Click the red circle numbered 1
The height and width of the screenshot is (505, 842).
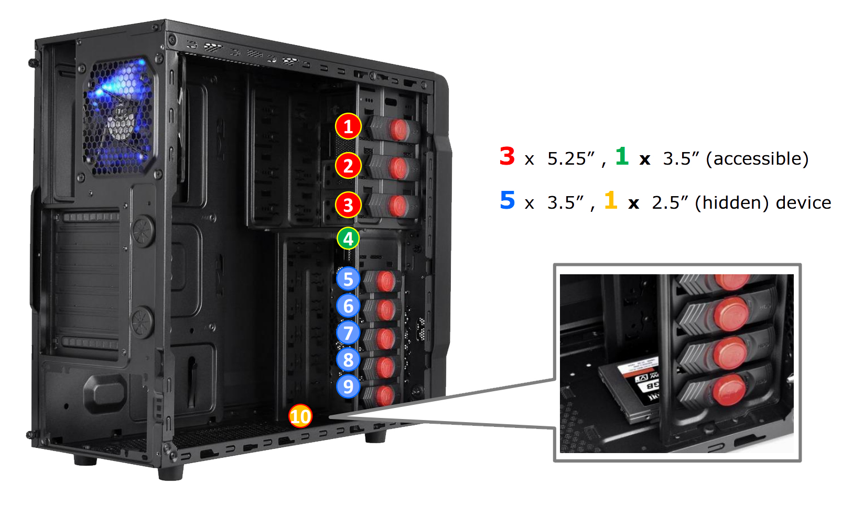click(x=348, y=126)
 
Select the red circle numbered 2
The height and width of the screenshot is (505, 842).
click(x=348, y=166)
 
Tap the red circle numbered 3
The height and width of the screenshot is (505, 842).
click(x=348, y=205)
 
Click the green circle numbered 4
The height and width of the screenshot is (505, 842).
click(x=348, y=239)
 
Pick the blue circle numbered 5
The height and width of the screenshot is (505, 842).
click(x=348, y=279)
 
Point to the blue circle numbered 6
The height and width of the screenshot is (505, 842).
click(x=348, y=306)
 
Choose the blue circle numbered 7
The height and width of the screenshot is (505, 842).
click(x=348, y=333)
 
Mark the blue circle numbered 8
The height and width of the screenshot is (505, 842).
click(x=348, y=360)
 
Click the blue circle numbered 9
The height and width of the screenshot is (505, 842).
click(x=348, y=386)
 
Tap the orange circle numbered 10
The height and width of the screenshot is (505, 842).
click(x=300, y=416)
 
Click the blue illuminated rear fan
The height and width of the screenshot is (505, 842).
click(x=119, y=116)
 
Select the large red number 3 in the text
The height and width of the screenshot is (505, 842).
click(x=507, y=156)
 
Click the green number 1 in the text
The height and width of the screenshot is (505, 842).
click(x=622, y=156)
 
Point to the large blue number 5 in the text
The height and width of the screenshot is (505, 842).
click(x=508, y=200)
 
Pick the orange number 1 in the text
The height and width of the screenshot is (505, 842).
click(x=611, y=200)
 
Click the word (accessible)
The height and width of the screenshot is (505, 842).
click(x=758, y=159)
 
